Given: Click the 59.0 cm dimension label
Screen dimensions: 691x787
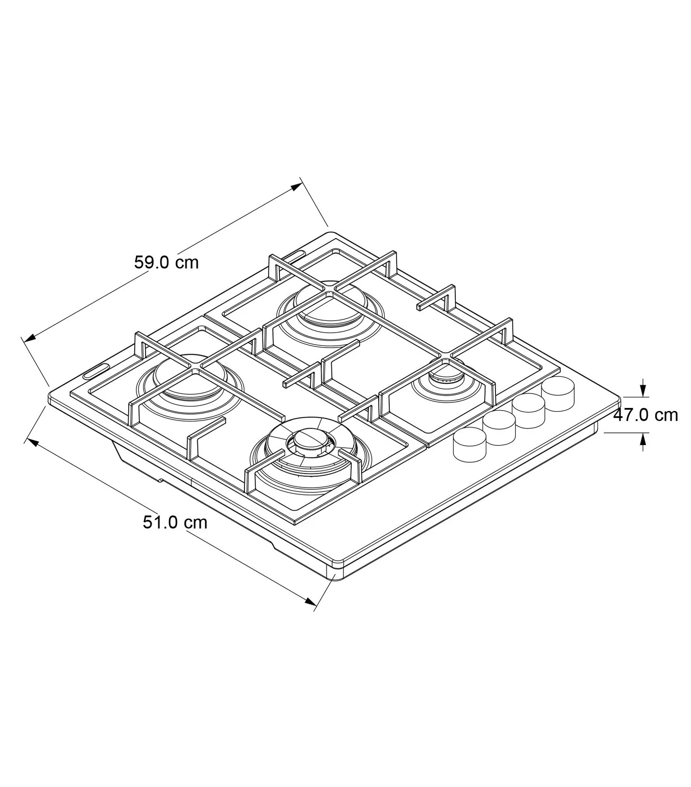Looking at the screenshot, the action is tap(166, 262).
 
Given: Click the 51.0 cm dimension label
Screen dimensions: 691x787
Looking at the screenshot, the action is tap(175, 522).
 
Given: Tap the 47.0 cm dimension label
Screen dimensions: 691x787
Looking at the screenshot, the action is tap(646, 414).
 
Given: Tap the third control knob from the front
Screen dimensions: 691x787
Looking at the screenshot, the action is tap(528, 411).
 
